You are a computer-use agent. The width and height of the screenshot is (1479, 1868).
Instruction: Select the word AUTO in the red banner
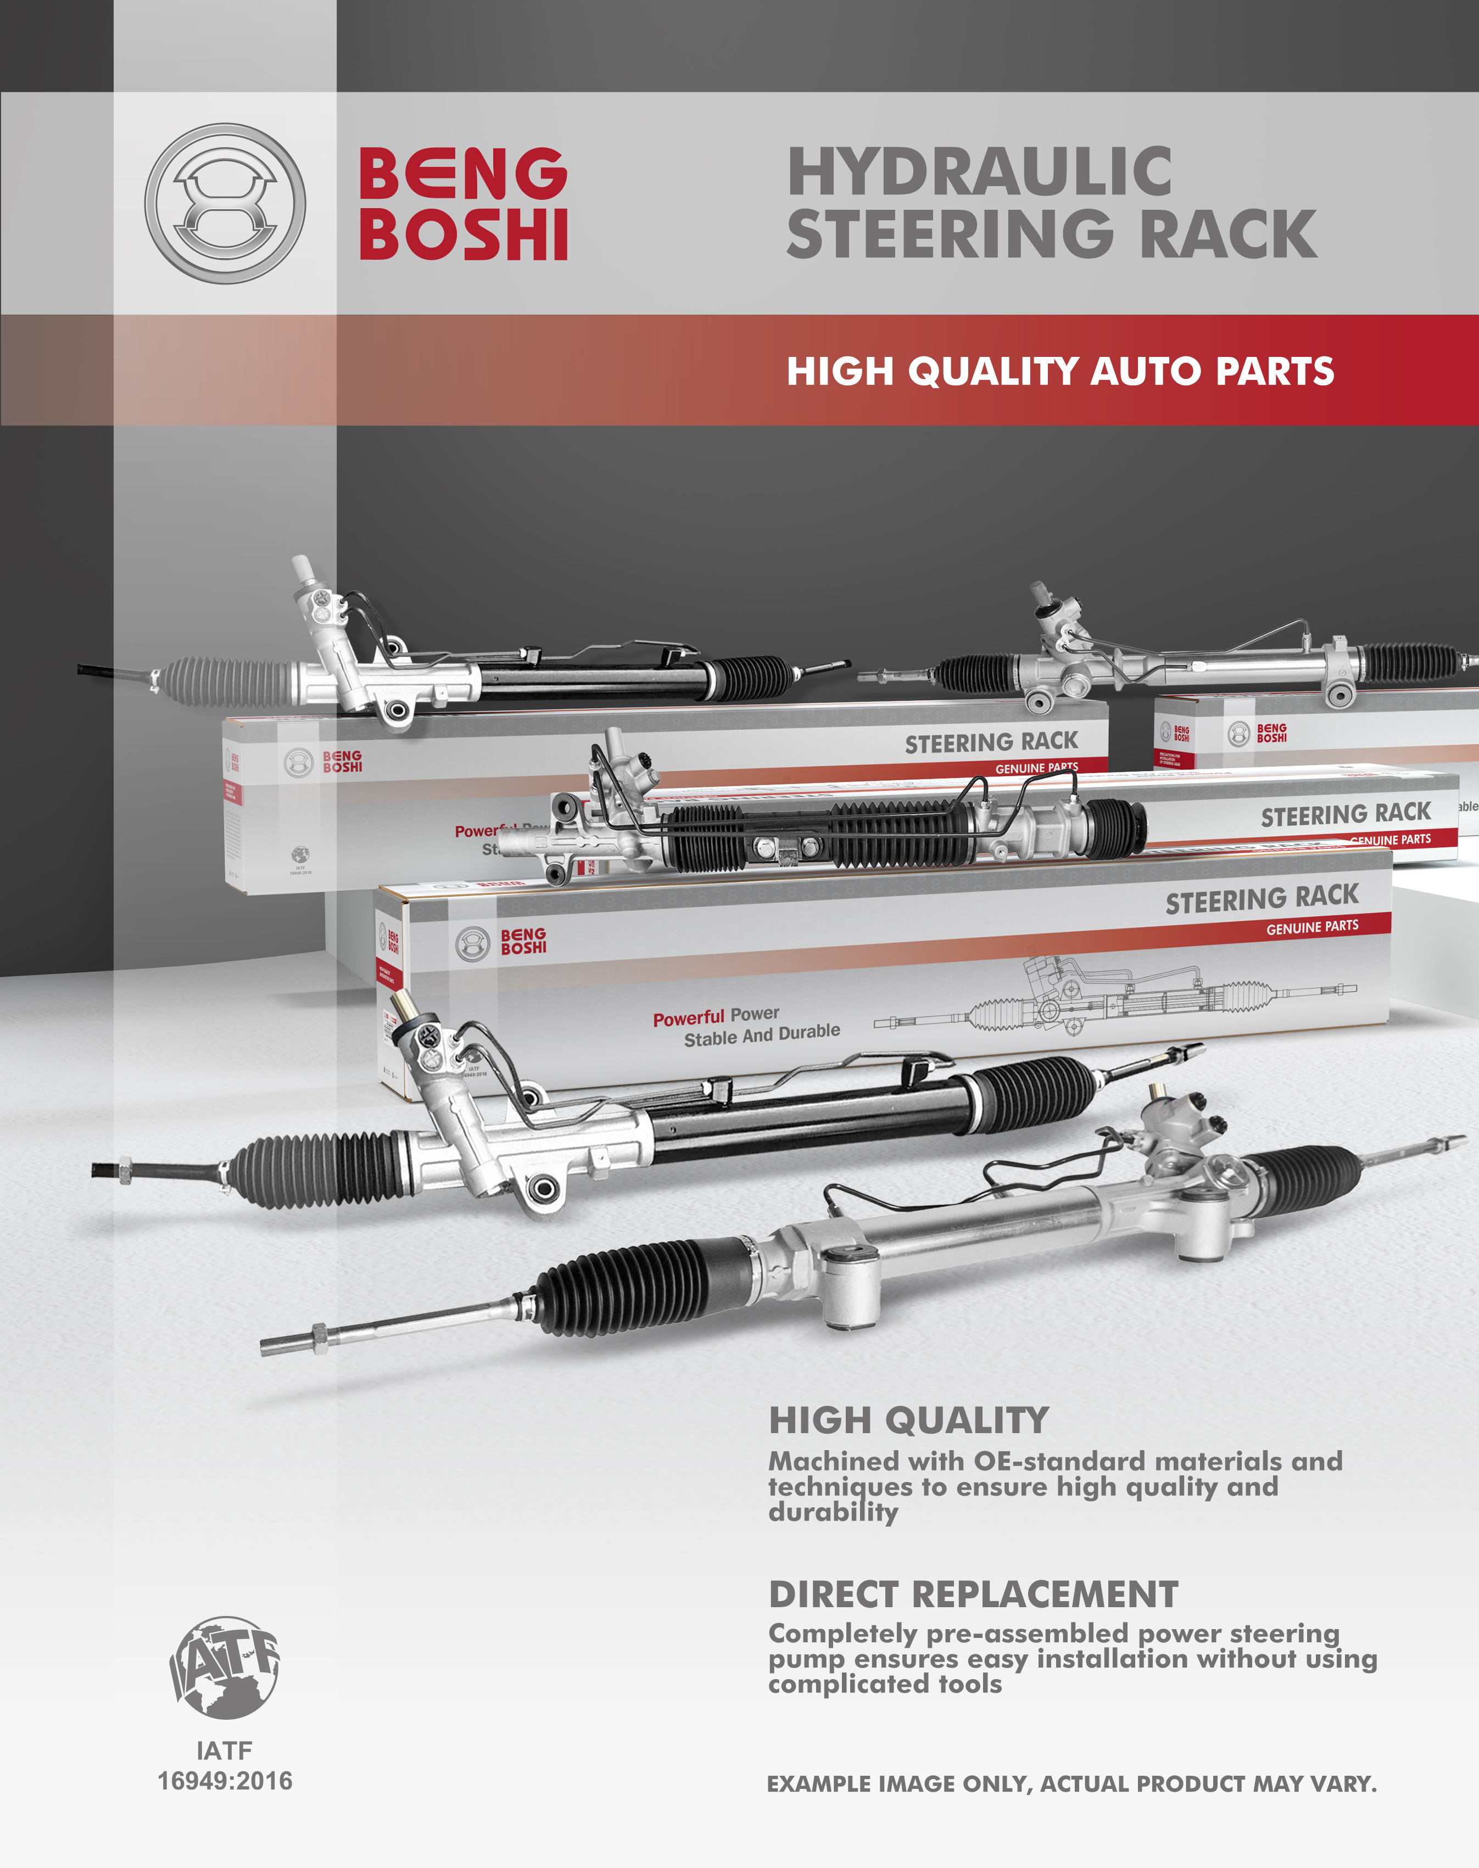coord(1145,371)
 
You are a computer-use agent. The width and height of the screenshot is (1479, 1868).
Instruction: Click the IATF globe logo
coord(225,1666)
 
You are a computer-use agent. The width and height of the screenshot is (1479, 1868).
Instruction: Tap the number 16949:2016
coord(225,1781)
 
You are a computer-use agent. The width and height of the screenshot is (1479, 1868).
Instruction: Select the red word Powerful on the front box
coord(688,1018)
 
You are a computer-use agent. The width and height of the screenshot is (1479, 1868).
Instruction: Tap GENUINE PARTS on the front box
coord(1312,927)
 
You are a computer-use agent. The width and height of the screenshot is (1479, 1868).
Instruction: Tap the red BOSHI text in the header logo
coord(464,234)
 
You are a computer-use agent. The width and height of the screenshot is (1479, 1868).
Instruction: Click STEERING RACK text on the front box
coord(1261,898)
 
